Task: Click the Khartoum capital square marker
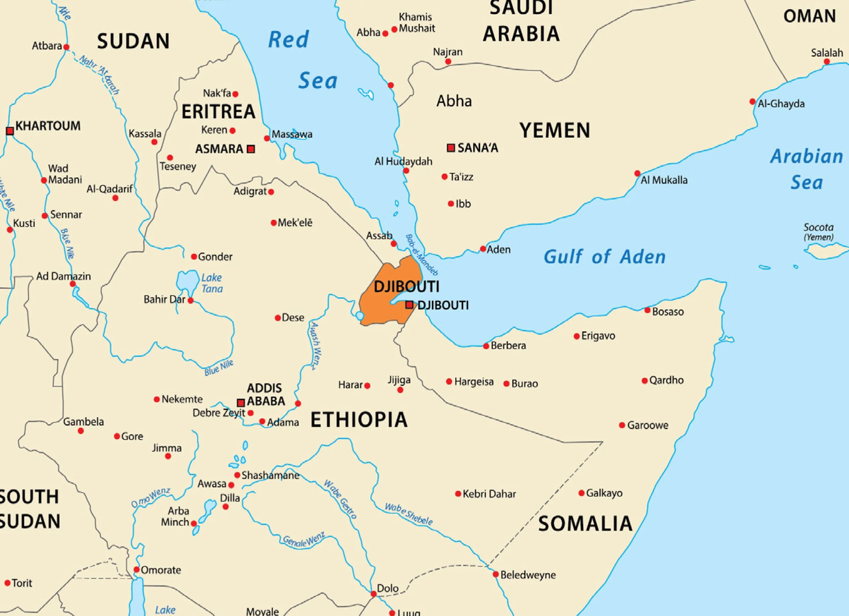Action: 10,131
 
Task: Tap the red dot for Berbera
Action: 486,346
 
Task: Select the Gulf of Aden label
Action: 604,257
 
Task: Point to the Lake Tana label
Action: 212,283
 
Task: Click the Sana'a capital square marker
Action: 451,148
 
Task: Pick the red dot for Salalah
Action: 827,62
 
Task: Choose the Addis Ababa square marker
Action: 241,403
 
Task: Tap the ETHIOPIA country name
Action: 358,419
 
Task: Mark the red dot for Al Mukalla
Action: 637,173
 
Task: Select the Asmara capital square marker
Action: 251,149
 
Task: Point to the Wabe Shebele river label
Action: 409,514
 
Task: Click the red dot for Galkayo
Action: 581,493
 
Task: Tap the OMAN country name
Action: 809,16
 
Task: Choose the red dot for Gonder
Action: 194,257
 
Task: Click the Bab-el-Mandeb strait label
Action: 422,255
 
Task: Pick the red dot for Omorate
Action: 137,570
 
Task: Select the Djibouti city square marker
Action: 410,305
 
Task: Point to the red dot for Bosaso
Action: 647,310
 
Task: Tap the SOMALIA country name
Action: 585,523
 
